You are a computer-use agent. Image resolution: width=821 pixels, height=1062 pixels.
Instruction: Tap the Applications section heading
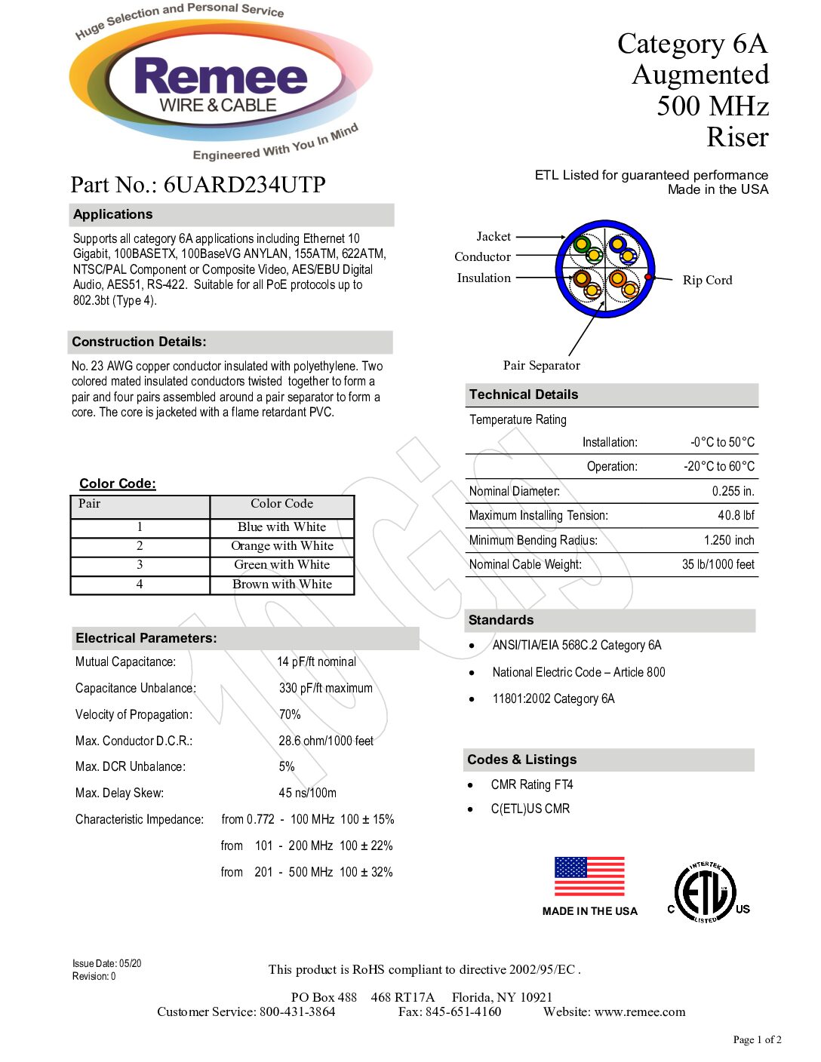click(x=113, y=215)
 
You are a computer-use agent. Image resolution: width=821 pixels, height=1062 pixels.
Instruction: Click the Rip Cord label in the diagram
click(x=707, y=281)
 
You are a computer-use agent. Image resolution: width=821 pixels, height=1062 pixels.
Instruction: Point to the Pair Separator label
click(x=541, y=366)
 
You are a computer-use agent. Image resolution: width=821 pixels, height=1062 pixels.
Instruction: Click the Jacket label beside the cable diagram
click(x=494, y=237)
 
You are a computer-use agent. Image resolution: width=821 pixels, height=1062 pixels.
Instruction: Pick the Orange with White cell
click(x=282, y=546)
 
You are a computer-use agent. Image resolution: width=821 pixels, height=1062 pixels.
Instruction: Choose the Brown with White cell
click(x=282, y=585)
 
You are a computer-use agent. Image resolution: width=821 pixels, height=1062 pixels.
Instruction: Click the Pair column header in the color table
click(x=90, y=504)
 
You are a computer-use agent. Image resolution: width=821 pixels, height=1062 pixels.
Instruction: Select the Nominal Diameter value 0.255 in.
click(x=733, y=492)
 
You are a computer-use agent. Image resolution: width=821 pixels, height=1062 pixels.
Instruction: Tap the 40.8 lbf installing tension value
click(x=736, y=516)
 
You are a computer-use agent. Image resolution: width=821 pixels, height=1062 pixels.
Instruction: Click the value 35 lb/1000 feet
click(x=718, y=565)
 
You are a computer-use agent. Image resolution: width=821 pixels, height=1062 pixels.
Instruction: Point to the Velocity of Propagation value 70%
click(x=290, y=715)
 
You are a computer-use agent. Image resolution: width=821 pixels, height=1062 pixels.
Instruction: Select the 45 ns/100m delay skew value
click(x=307, y=793)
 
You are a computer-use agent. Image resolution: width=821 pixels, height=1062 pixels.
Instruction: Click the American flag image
click(x=589, y=876)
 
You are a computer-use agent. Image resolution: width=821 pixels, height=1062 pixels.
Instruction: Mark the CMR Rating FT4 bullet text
click(x=532, y=785)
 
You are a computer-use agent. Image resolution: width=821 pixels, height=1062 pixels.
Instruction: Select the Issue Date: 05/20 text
click(x=106, y=964)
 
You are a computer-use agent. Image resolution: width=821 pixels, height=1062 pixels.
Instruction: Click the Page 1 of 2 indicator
click(x=757, y=1040)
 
